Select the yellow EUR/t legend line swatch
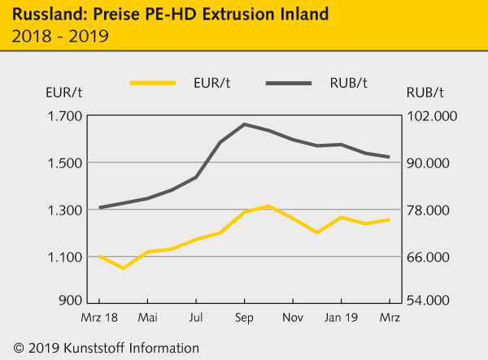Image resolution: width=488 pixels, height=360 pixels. pos(152,83)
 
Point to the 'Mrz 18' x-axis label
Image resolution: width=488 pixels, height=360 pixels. pos(99,317)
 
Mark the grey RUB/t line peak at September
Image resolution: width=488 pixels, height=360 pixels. pos(245,124)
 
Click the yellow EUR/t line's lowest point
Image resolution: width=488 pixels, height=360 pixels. pos(124,267)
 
